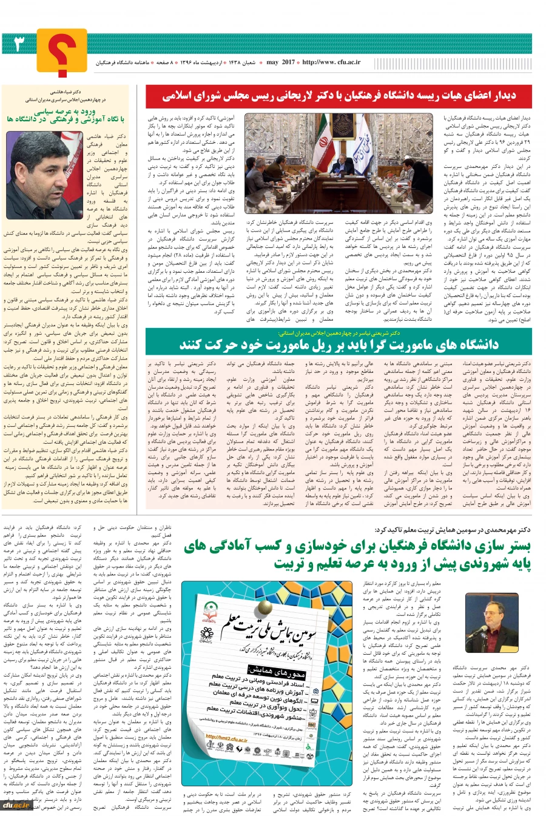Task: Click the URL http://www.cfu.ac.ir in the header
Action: point(331,62)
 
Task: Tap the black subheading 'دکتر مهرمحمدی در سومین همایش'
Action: point(453,529)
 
